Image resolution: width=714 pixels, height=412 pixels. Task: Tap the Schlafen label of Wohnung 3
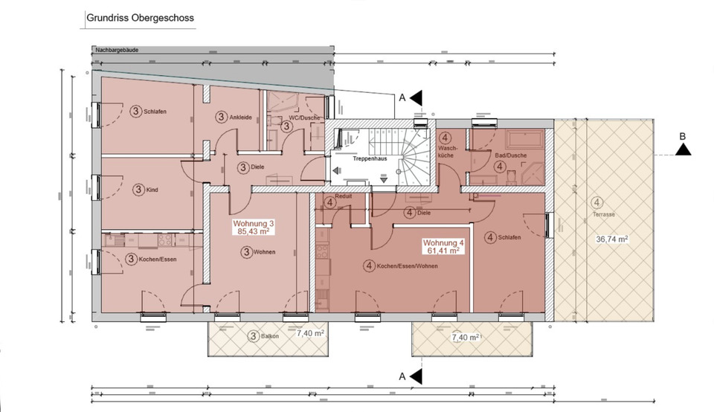(x=155, y=112)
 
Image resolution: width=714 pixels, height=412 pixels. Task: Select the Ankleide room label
(x=239, y=117)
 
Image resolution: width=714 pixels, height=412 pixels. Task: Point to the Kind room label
(x=152, y=190)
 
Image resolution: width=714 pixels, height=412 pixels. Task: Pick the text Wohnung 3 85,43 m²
(x=254, y=227)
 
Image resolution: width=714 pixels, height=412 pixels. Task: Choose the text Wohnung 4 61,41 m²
(x=443, y=247)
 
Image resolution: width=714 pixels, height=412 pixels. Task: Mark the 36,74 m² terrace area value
(x=612, y=239)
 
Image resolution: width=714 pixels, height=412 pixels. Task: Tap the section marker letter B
(x=683, y=136)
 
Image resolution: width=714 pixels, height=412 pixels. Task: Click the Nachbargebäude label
(x=118, y=51)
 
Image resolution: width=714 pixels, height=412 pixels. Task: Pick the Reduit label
(x=343, y=196)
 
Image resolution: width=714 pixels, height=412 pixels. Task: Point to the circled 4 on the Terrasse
(x=597, y=202)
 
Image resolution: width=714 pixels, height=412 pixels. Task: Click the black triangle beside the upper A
(x=417, y=97)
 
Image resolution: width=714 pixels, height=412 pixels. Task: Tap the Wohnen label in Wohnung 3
(x=264, y=252)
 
